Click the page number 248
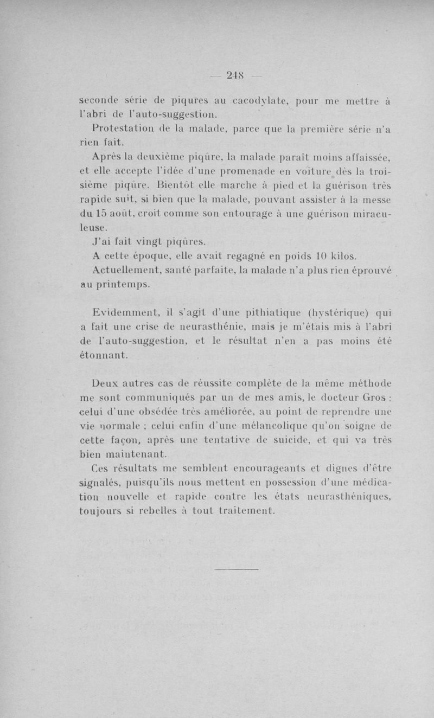coord(234,76)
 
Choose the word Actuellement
coord(125,270)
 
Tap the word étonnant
coord(104,355)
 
